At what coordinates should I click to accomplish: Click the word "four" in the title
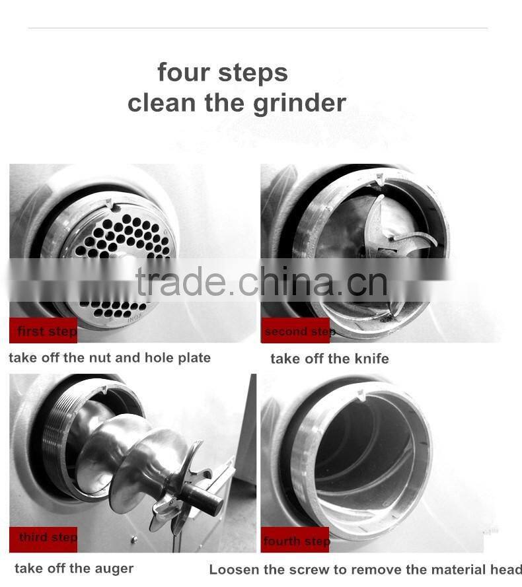coord(184,73)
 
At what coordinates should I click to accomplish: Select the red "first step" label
coord(44,331)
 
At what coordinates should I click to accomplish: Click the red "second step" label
coord(295,331)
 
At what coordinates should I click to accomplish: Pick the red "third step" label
coord(44,537)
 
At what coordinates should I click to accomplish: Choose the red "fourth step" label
coord(295,541)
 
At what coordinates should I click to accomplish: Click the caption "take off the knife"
coord(329,359)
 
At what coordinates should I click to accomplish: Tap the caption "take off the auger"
coord(74,569)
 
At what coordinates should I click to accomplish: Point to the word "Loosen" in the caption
coord(233,569)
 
